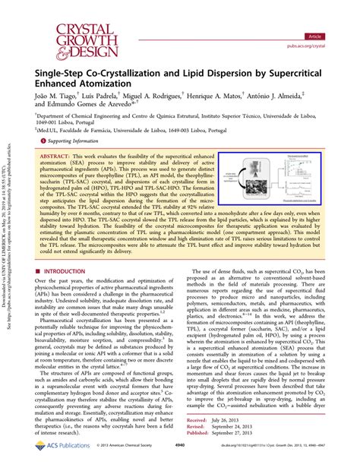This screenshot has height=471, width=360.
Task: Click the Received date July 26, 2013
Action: [x=247, y=441]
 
